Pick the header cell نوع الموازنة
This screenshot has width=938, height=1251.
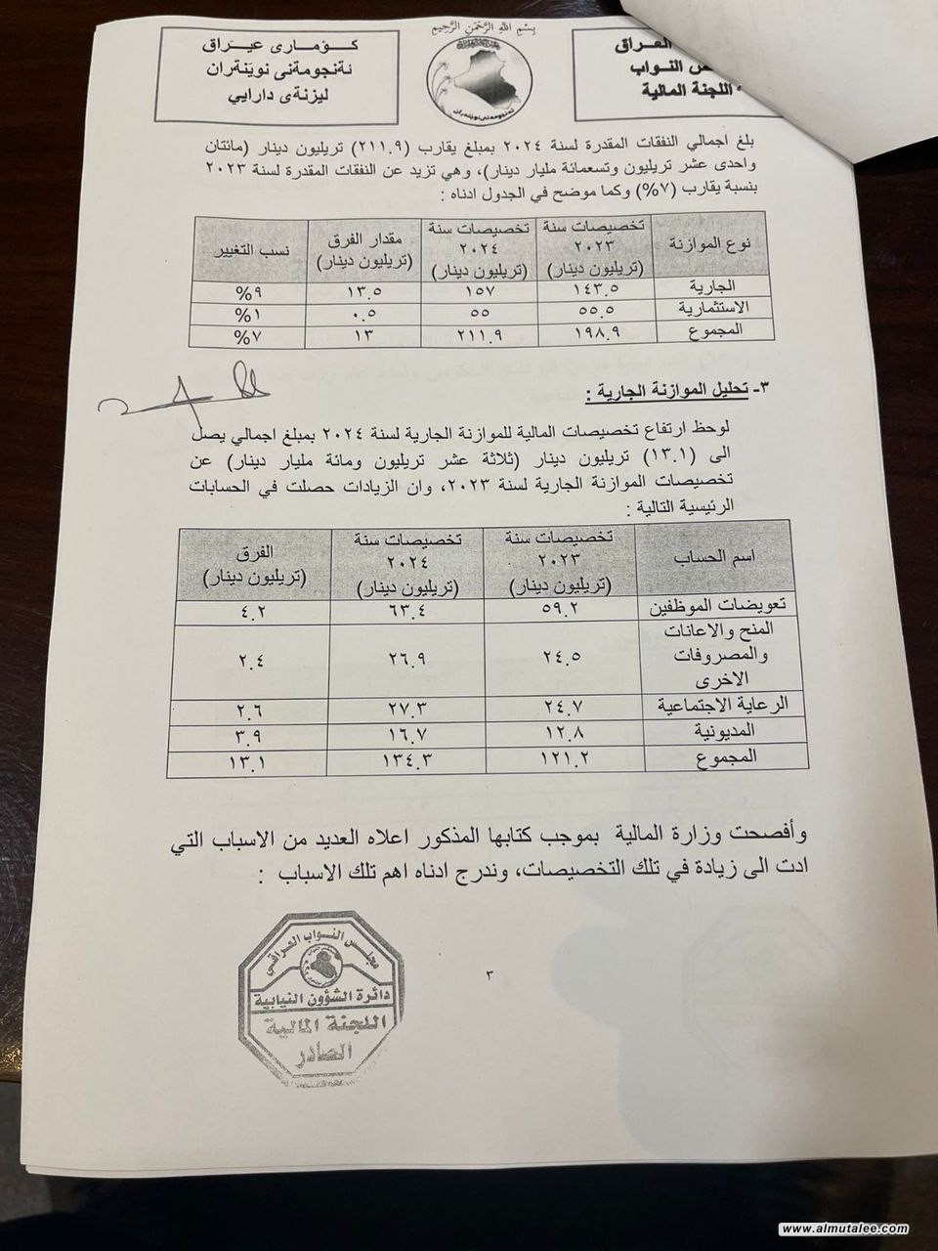(701, 243)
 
